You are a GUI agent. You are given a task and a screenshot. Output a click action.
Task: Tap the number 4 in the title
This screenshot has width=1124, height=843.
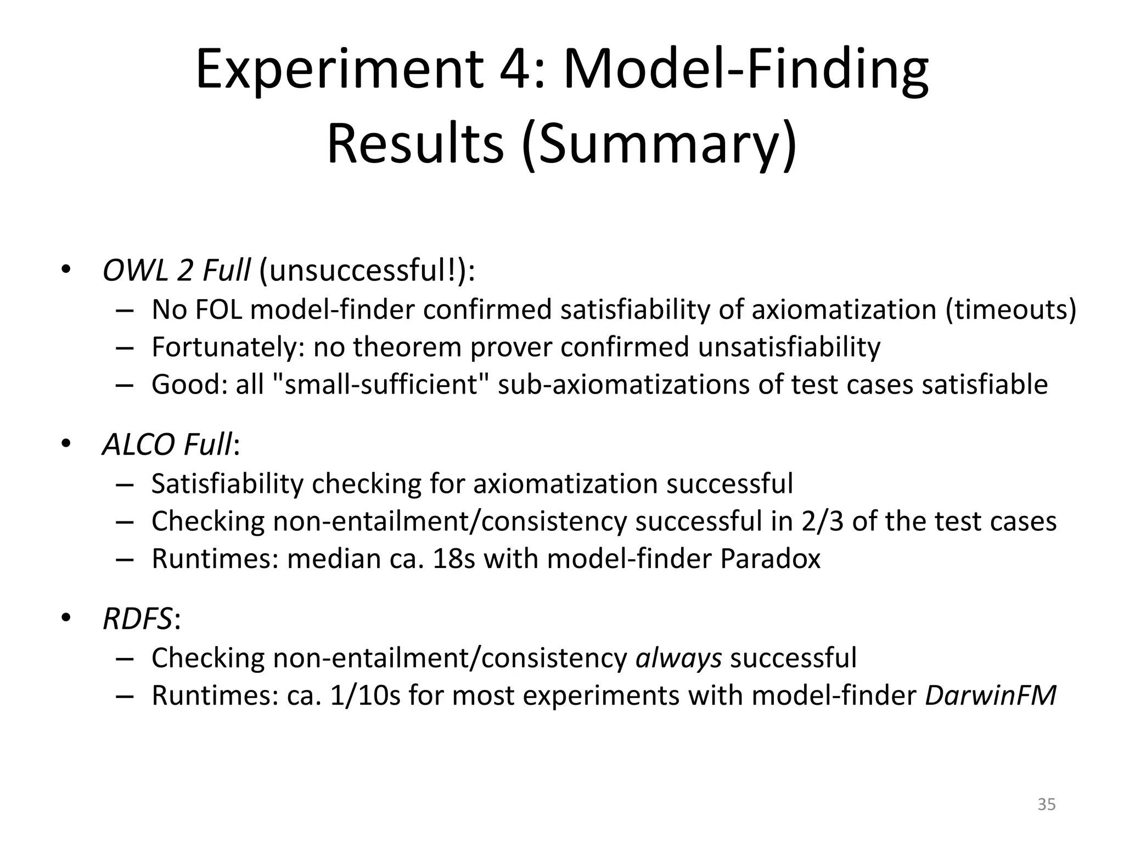[515, 69]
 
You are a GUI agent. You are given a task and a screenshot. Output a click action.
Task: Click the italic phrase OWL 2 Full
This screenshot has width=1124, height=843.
[176, 271]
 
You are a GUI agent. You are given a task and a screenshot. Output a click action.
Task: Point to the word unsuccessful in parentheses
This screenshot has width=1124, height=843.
[362, 271]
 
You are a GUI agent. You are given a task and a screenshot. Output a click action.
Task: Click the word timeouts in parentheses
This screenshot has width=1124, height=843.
[1010, 310]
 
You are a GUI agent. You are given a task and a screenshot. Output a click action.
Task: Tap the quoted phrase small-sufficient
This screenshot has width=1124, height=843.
[381, 384]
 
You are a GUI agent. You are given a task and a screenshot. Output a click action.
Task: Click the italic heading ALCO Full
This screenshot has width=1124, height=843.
[168, 445]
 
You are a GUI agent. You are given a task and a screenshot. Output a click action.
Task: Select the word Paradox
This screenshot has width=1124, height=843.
[770, 559]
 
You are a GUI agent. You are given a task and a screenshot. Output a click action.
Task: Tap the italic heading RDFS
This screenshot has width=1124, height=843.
[138, 619]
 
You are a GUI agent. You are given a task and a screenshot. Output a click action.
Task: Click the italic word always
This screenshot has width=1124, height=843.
[678, 657]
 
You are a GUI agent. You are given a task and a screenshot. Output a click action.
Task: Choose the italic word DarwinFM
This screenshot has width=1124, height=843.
[991, 695]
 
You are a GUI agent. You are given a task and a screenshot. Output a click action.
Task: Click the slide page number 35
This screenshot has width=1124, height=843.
[1047, 805]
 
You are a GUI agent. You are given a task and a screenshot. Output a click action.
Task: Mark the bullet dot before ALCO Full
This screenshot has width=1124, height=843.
[66, 443]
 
